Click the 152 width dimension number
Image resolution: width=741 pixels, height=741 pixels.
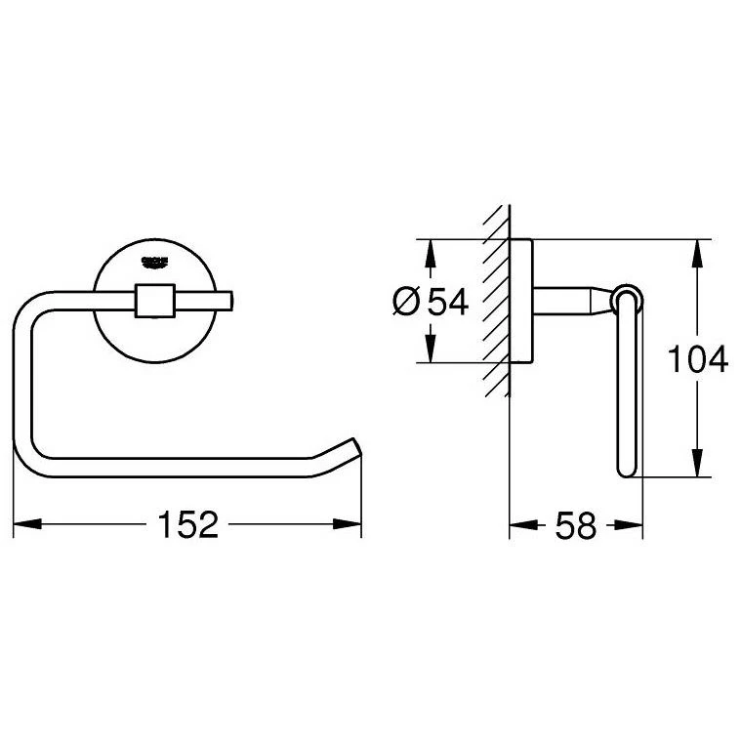187,525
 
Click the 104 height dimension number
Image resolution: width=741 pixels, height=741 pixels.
696,360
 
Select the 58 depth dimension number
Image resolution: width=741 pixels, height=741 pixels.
575,526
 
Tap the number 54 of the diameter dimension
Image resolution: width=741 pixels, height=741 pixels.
448,302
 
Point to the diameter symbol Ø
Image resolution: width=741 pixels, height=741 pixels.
407,302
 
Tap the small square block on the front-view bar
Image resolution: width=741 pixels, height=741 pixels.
153,302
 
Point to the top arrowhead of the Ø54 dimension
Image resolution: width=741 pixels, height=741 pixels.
428,252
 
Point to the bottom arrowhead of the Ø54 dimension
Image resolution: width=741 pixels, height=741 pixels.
428,350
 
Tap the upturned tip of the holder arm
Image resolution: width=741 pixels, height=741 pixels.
354,448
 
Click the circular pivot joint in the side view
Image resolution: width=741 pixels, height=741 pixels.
627,298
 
